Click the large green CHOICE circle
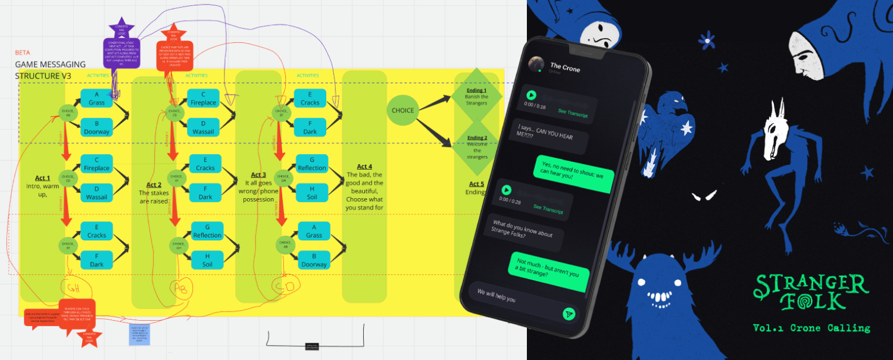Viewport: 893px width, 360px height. [x=402, y=110]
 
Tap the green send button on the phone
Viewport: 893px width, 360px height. [x=569, y=314]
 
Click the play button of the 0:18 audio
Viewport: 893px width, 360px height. [x=531, y=95]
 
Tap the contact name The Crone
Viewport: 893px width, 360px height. [x=564, y=68]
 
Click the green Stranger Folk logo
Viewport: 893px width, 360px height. [x=811, y=292]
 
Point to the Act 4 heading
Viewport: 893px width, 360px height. [x=364, y=167]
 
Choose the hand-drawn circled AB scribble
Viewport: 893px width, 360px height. [x=180, y=286]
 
